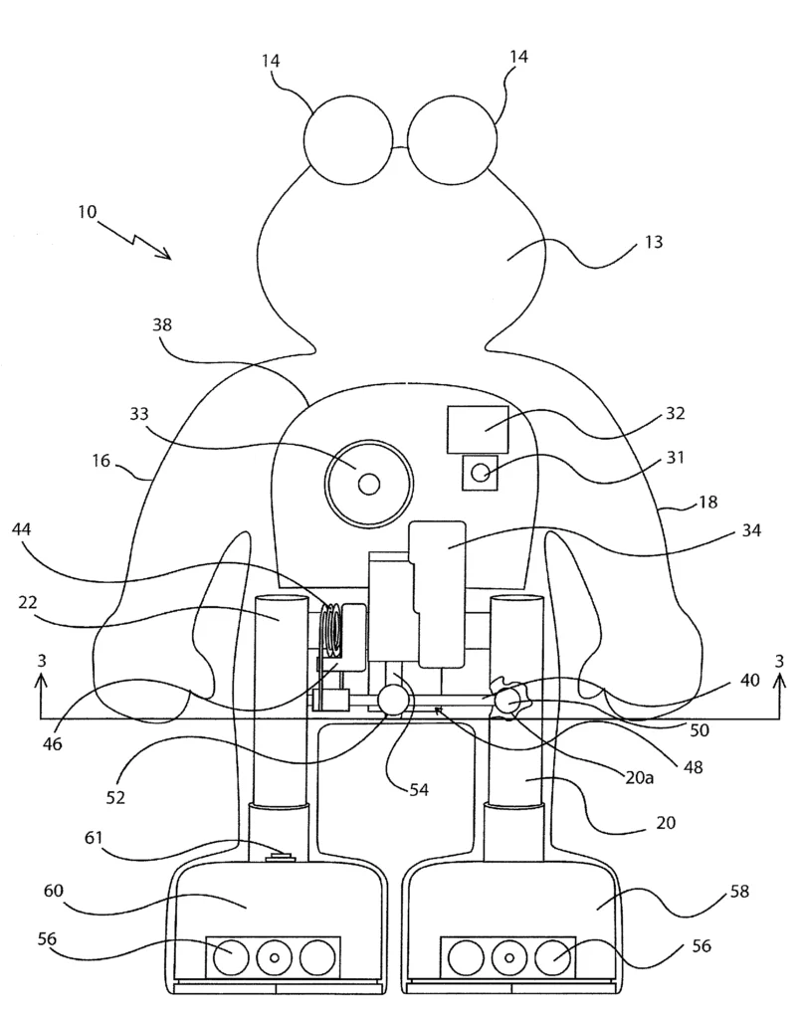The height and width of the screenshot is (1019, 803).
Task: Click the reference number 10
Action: coord(87,212)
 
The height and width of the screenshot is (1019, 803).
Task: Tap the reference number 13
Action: coord(654,242)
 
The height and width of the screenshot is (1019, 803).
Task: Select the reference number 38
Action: coord(162,324)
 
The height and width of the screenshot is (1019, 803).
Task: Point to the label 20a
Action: coord(639,777)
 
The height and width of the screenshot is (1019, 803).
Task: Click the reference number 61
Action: coord(94,838)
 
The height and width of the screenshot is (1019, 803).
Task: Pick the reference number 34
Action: coord(751,530)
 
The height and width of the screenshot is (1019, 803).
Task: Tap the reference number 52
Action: coord(115,797)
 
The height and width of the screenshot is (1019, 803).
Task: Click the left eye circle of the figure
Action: coord(348,139)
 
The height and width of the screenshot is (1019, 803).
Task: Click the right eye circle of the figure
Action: coord(452,139)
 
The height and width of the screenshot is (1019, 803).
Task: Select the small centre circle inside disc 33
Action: coord(369,484)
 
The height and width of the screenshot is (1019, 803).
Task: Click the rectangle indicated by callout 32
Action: coord(478,430)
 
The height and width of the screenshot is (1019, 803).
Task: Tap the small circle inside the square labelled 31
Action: coord(481,473)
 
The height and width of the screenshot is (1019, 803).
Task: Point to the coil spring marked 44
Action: coord(332,629)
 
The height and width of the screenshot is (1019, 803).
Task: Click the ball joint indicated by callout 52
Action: coord(393,701)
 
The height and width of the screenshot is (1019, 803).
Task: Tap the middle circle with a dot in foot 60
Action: coord(275,957)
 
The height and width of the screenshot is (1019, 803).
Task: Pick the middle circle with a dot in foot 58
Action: coord(509,957)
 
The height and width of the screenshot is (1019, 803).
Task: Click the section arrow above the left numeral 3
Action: coord(41,696)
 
